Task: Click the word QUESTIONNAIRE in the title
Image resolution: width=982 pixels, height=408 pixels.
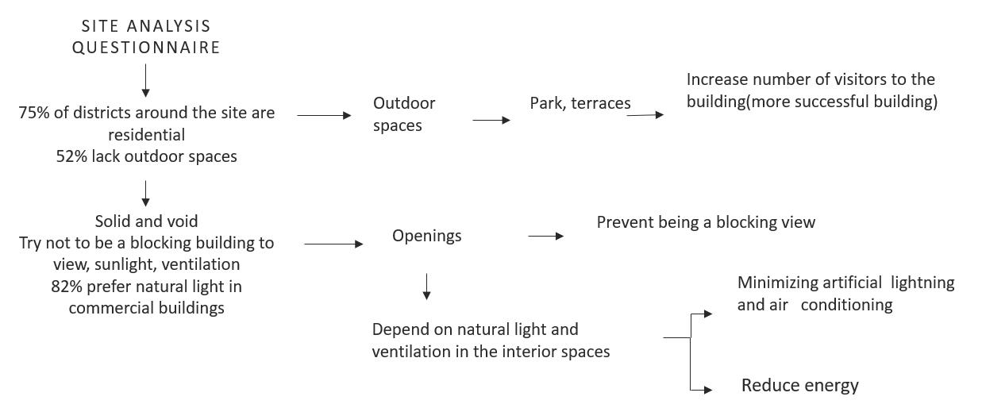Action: click(146, 48)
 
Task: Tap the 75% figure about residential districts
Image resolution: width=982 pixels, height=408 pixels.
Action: click(34, 113)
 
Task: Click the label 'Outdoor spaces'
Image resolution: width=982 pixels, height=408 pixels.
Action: click(404, 114)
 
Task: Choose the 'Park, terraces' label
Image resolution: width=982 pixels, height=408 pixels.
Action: click(580, 103)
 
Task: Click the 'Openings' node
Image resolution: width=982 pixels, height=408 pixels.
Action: click(426, 236)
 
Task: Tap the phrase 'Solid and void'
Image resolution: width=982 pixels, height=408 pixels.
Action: click(146, 221)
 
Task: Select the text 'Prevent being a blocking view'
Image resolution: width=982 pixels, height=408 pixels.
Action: click(706, 222)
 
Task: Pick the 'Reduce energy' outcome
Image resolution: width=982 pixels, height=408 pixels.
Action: click(799, 386)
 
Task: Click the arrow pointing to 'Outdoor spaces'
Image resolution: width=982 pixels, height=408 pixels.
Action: click(324, 115)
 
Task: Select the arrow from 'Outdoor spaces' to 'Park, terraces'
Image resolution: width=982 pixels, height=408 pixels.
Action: click(491, 121)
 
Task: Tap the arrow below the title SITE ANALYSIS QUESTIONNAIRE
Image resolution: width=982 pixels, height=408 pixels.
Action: click(146, 82)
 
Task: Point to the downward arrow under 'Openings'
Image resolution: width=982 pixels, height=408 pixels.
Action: click(427, 287)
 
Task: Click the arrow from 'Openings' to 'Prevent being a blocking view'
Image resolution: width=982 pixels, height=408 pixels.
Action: click(545, 236)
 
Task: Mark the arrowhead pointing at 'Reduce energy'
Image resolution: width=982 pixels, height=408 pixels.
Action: click(707, 390)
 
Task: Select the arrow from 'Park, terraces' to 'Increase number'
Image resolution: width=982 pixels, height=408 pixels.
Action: click(645, 115)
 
